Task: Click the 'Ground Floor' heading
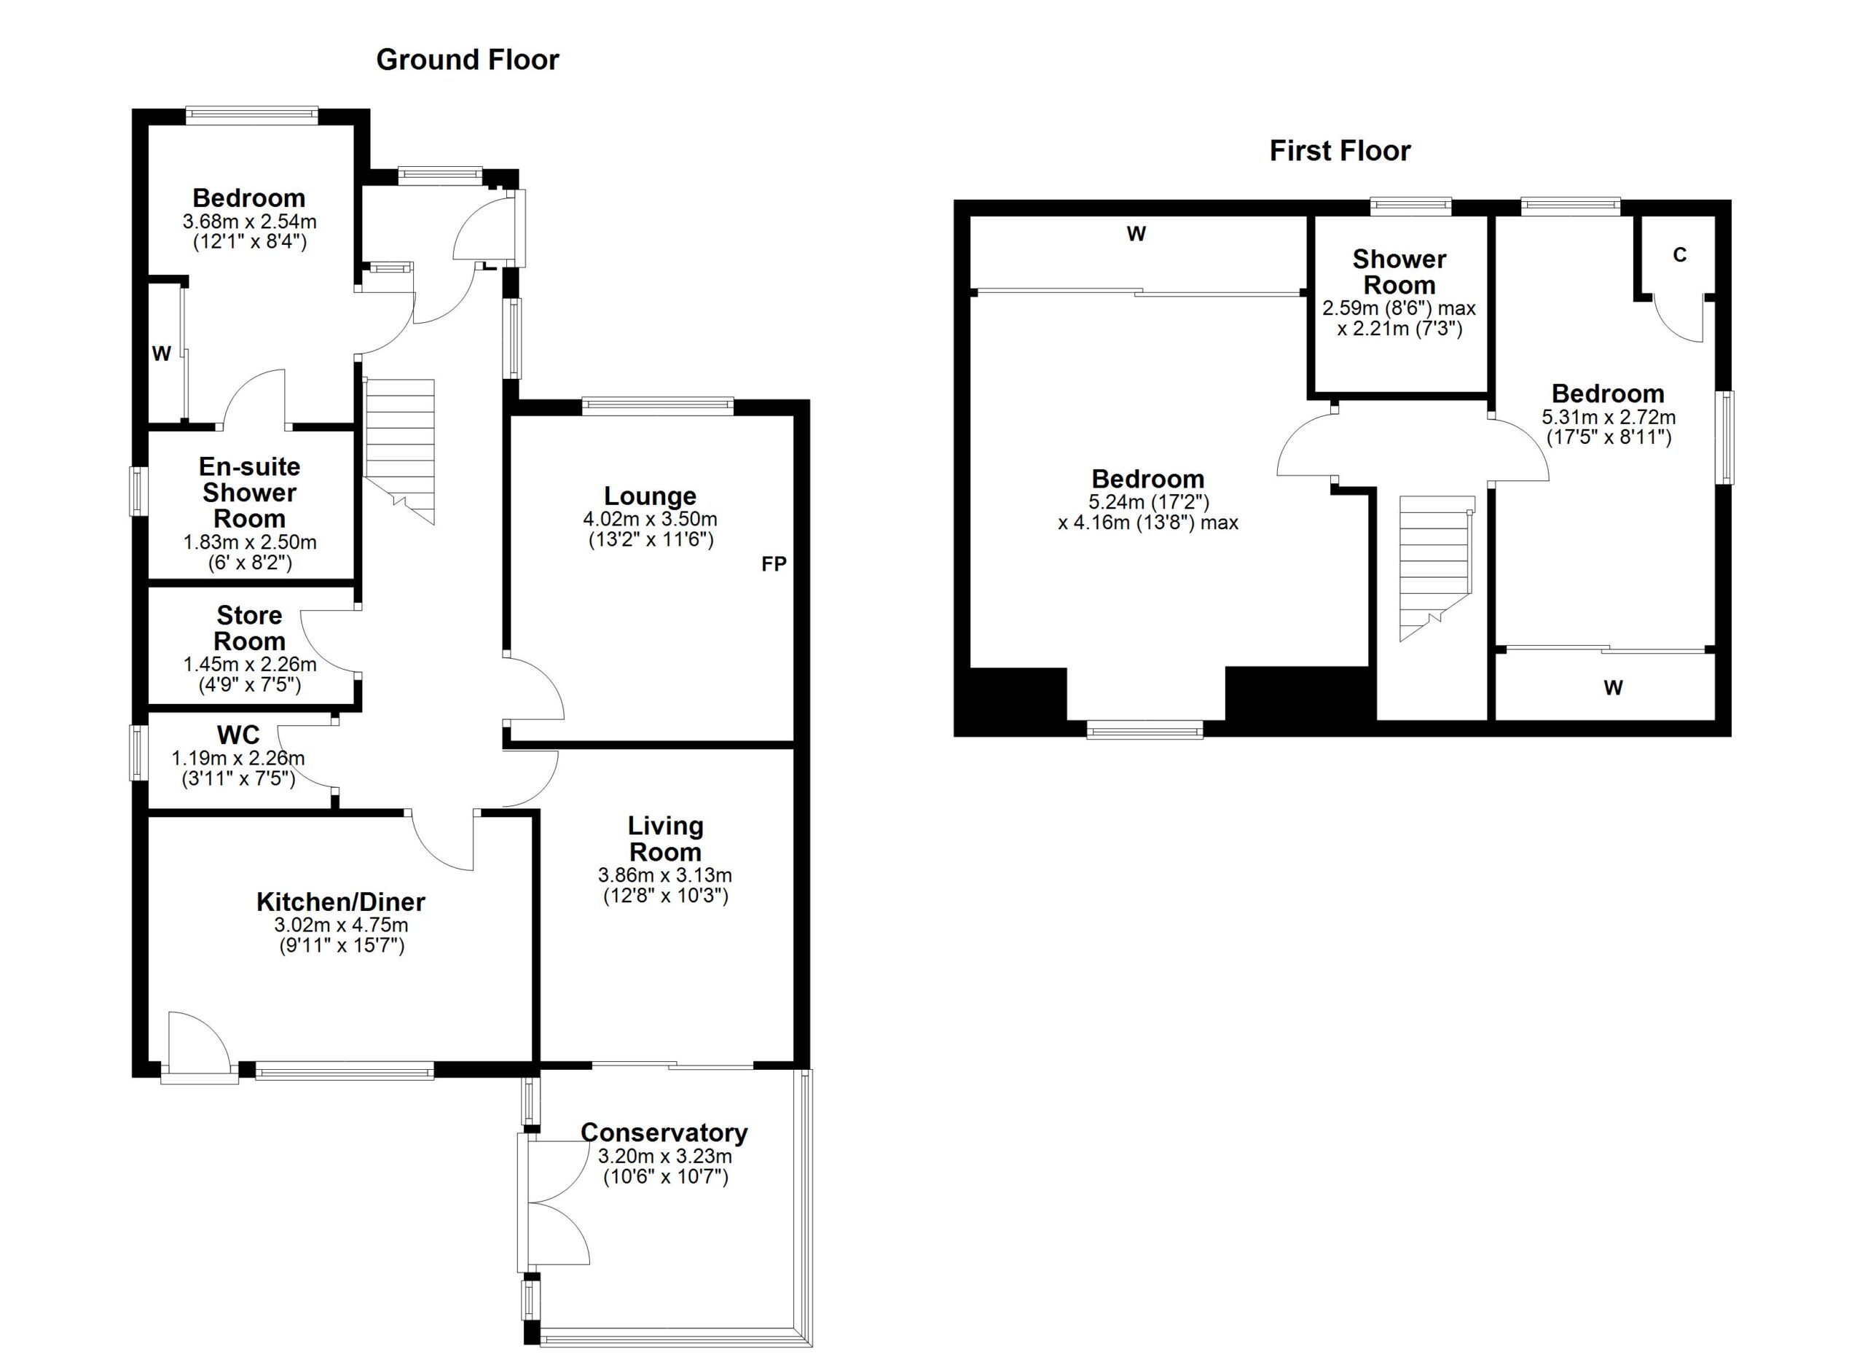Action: click(x=467, y=60)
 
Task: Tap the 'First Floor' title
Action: click(x=1340, y=151)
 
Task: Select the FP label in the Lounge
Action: click(x=774, y=563)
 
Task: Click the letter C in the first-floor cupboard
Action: click(x=1679, y=255)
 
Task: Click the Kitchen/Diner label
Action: click(x=340, y=902)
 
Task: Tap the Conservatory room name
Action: click(x=664, y=1133)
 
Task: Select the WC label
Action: click(x=238, y=735)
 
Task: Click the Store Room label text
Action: click(x=249, y=628)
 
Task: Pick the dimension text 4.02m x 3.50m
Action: click(x=650, y=519)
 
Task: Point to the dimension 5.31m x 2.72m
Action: click(x=1609, y=417)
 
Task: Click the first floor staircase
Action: click(x=1436, y=568)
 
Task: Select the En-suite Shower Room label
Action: click(x=249, y=493)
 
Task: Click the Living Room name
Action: click(x=665, y=839)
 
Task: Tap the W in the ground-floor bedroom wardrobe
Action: click(x=161, y=353)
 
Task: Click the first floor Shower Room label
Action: click(x=1399, y=273)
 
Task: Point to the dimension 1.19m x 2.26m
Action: click(x=237, y=758)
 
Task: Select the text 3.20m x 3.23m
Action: click(x=664, y=1156)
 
